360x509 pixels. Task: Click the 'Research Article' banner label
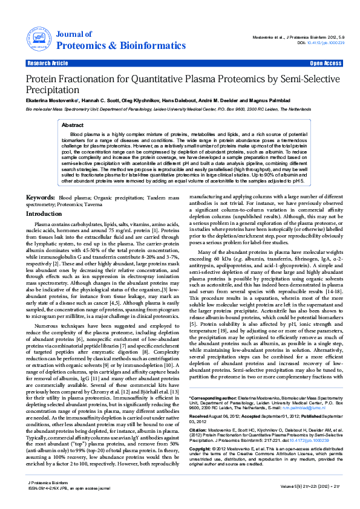(x=48, y=63)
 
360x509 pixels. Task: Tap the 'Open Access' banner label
(x=326, y=63)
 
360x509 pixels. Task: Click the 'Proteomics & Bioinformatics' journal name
(x=110, y=46)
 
